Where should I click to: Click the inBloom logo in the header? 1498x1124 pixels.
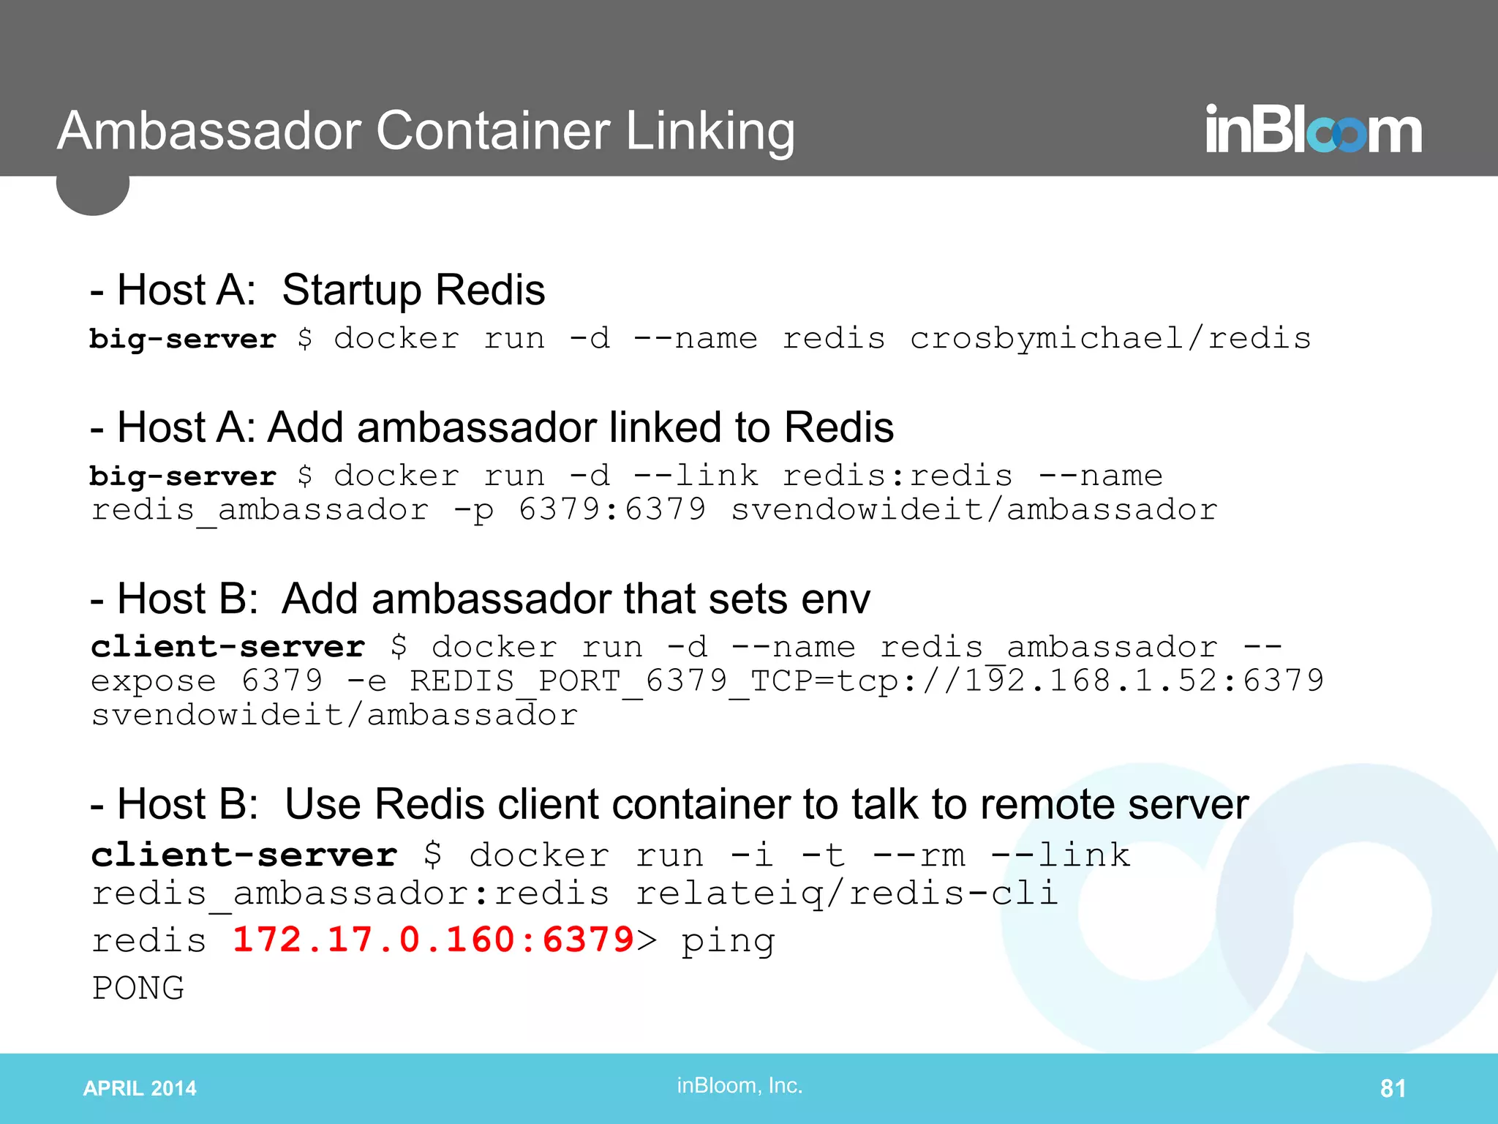[x=1313, y=130]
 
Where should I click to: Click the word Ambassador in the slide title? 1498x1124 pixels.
[x=209, y=132]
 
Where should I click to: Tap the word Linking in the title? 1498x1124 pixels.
[x=710, y=132]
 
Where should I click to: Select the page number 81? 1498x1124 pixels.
[x=1393, y=1088]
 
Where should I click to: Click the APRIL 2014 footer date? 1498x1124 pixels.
[x=140, y=1088]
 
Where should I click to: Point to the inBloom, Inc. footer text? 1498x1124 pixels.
[x=739, y=1085]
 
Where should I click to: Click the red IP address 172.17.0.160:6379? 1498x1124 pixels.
[x=433, y=940]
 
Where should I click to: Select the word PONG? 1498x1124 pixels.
[x=138, y=988]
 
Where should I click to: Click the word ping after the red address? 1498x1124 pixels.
[x=728, y=941]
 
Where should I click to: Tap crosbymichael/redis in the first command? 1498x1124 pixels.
[x=1110, y=338]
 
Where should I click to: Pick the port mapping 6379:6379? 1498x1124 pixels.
[x=612, y=509]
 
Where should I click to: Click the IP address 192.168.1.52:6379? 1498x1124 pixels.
[x=1144, y=681]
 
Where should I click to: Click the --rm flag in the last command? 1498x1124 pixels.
[x=919, y=855]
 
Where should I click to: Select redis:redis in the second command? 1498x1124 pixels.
[x=897, y=476]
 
